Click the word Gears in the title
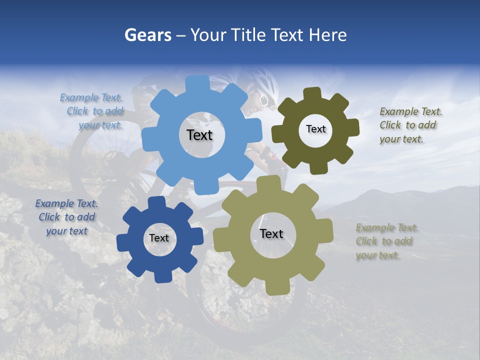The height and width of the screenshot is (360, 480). click(147, 35)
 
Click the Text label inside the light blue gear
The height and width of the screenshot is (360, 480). click(199, 135)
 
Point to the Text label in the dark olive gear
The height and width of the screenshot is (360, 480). click(315, 129)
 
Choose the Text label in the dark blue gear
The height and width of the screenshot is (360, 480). click(159, 238)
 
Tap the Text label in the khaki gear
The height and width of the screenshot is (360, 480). click(271, 233)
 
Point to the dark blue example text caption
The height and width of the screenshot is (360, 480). click(66, 217)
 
